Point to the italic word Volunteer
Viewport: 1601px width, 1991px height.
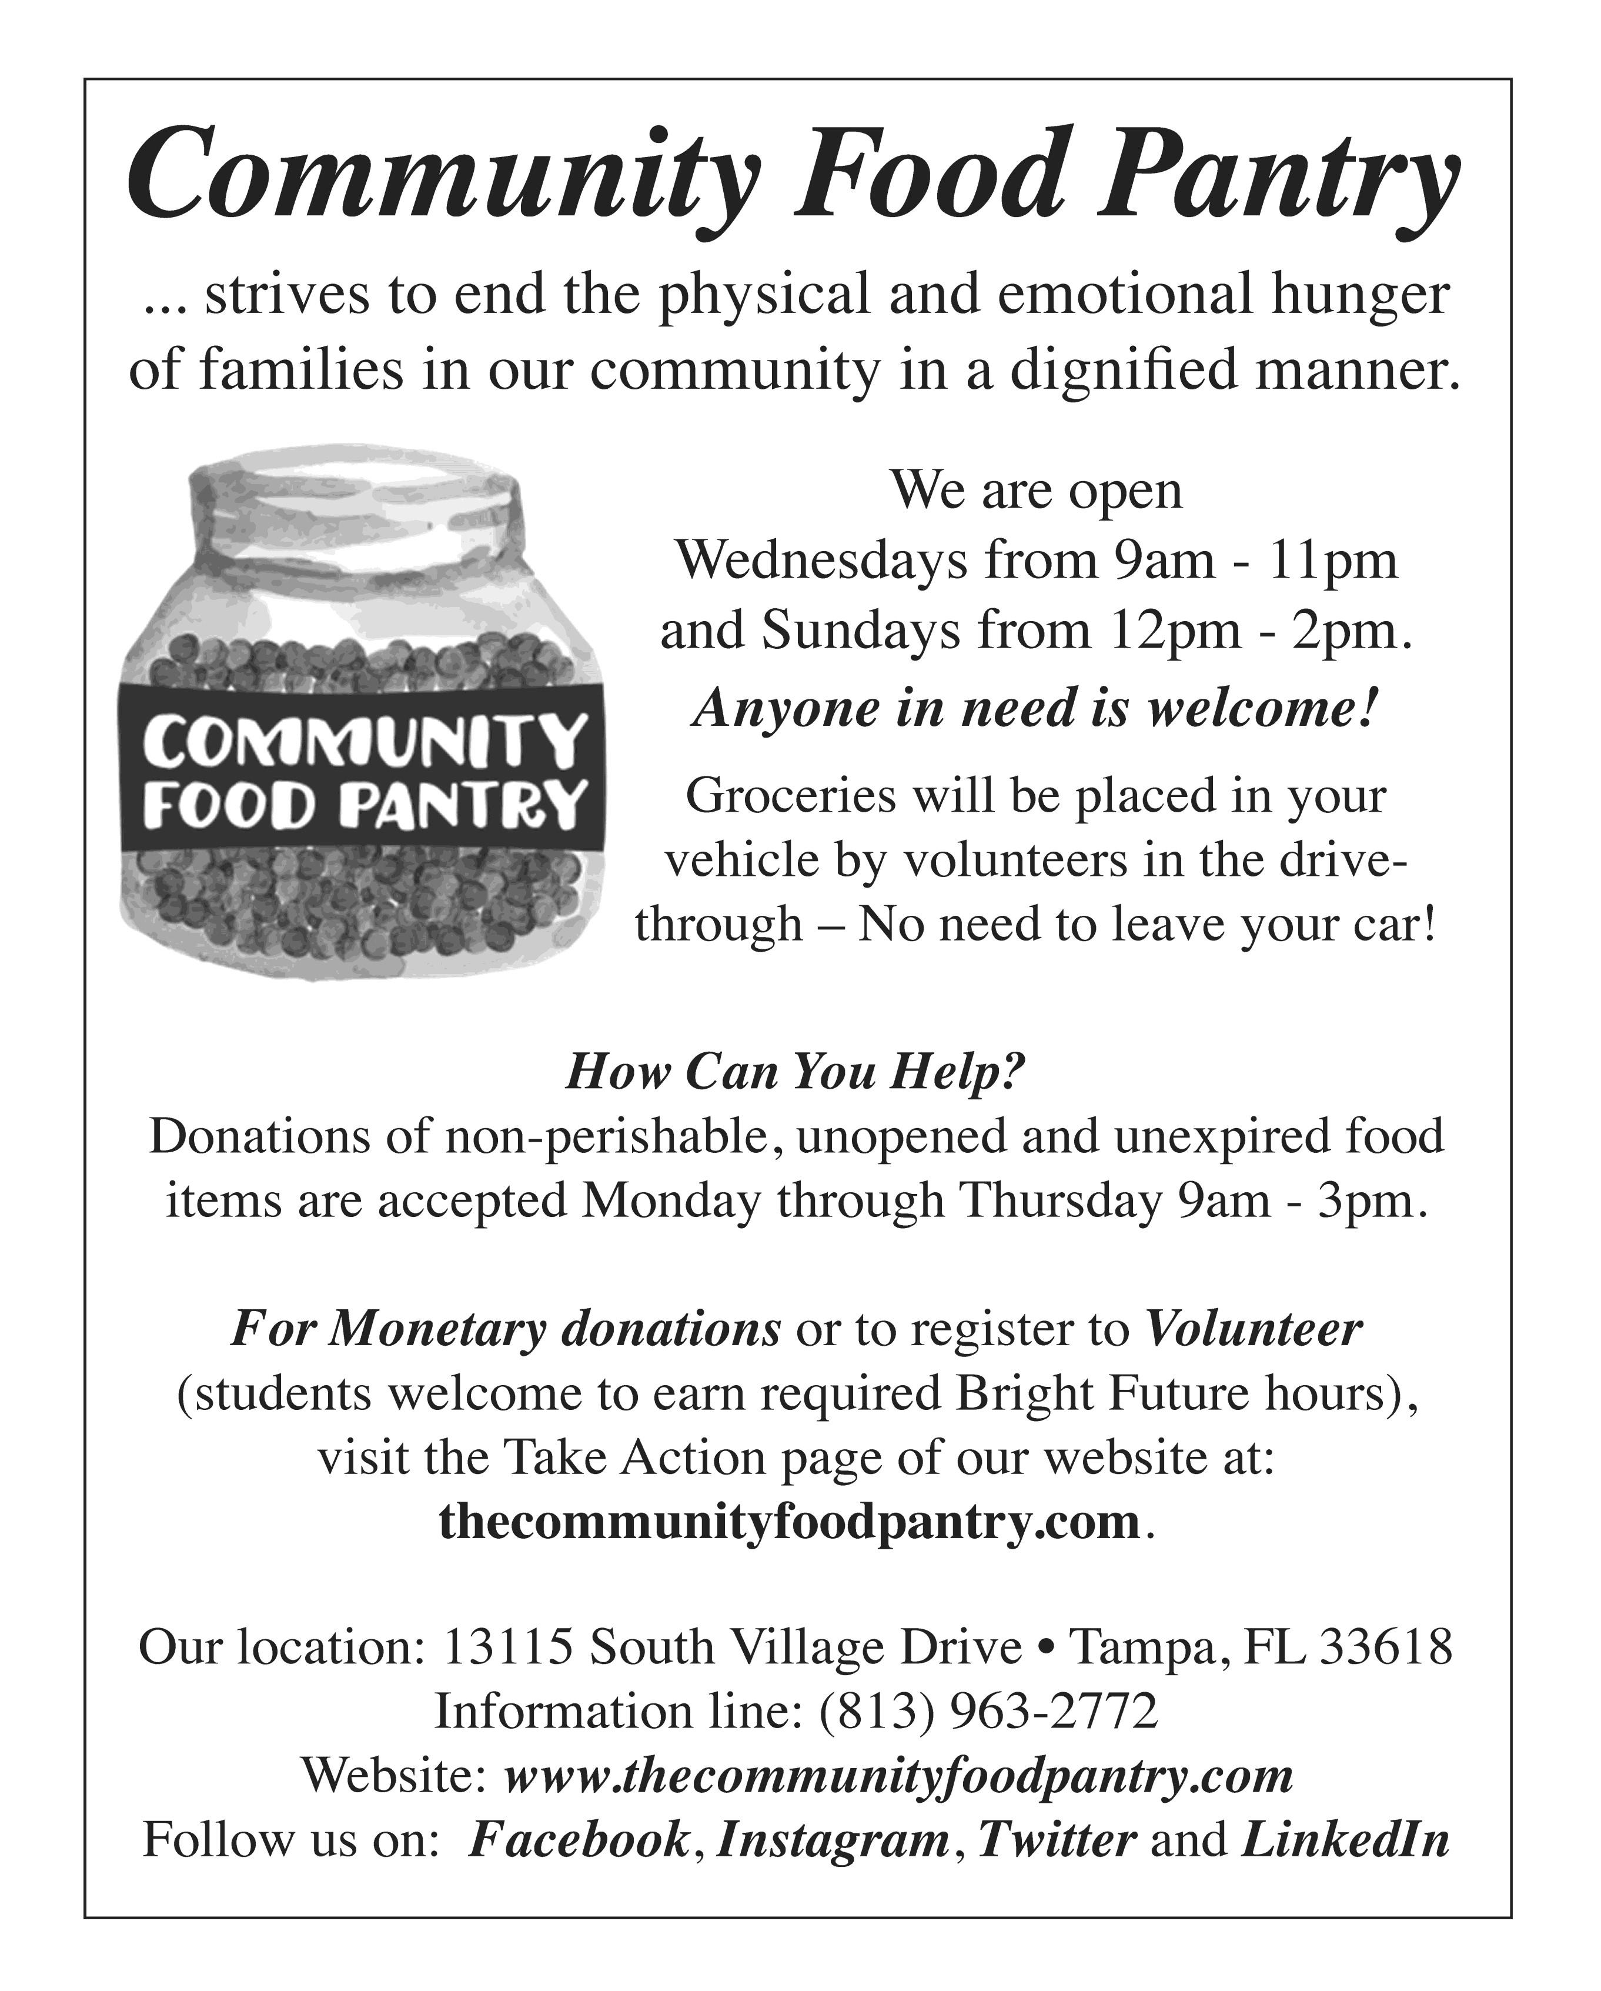point(1254,1329)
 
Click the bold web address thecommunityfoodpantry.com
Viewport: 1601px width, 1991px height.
point(790,1520)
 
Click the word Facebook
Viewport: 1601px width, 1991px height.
point(580,1839)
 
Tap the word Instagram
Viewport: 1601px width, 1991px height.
point(833,1839)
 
